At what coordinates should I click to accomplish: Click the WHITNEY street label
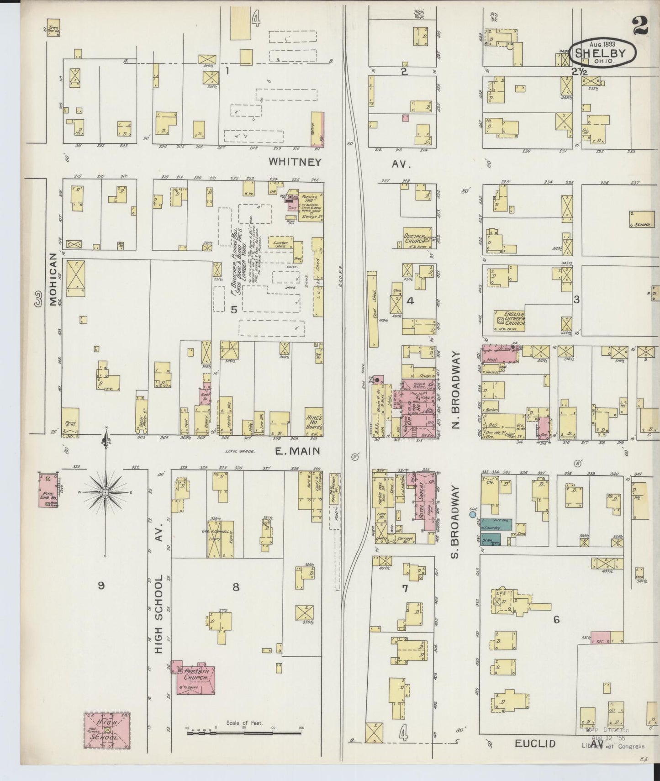(295, 162)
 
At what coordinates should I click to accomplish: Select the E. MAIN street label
(297, 452)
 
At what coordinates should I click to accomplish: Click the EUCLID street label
(535, 744)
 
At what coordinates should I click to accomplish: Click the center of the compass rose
(106, 492)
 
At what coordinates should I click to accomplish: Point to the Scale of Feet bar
(244, 732)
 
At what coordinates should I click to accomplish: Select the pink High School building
(107, 730)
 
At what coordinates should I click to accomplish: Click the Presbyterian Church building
(195, 677)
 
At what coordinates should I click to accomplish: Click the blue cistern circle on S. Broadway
(472, 515)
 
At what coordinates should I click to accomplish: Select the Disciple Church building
(416, 238)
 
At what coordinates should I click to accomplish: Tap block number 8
(236, 587)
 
